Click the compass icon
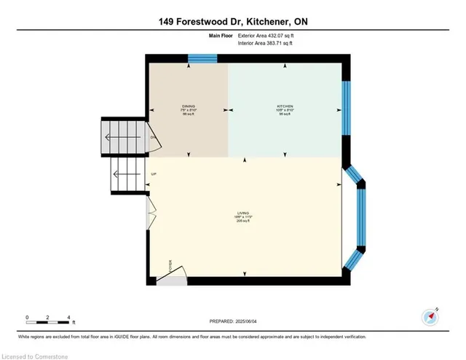[x=430, y=316]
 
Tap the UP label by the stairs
[x=154, y=174]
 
